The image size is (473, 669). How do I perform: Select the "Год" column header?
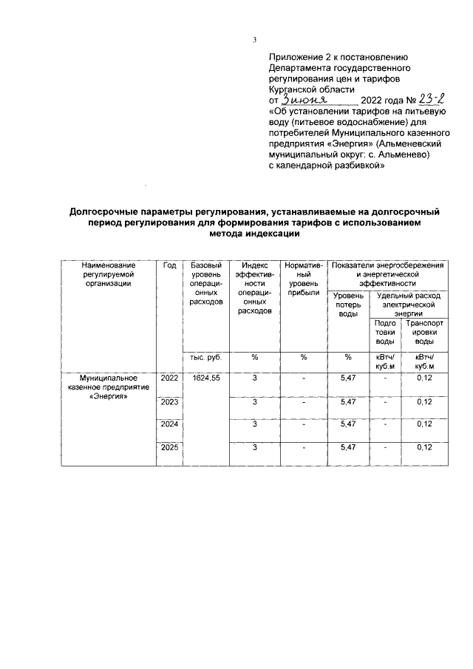tap(169, 265)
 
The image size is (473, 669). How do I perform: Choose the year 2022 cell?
tap(169, 378)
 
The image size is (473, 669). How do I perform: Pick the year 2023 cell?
tap(169, 402)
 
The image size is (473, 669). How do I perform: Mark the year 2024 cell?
tap(169, 424)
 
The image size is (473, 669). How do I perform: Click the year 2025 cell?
tap(169, 447)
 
